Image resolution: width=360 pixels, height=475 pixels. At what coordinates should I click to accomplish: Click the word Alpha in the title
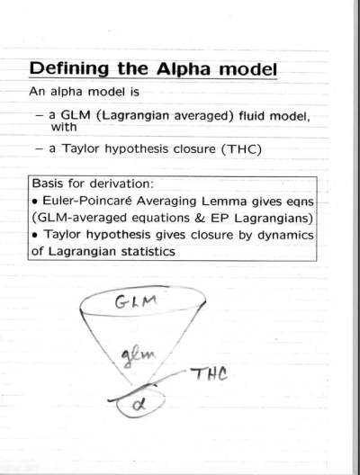[x=184, y=69]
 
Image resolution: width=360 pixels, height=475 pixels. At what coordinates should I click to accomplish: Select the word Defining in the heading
[x=68, y=69]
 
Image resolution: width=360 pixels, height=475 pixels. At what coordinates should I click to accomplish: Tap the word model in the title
[x=247, y=69]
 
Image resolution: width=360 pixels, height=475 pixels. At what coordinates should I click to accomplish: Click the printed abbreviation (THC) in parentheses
[x=241, y=149]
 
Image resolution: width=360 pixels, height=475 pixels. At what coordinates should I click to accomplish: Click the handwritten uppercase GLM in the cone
[x=136, y=301]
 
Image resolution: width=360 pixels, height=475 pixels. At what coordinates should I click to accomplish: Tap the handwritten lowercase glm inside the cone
[x=138, y=356]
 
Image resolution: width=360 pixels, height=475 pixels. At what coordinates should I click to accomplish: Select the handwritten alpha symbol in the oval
[x=139, y=405]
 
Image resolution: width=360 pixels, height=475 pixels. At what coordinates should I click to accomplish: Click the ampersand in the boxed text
[x=200, y=218]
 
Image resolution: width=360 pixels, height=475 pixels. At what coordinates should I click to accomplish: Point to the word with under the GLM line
[x=64, y=127]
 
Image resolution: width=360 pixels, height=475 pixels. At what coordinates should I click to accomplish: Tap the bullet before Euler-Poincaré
[x=36, y=202]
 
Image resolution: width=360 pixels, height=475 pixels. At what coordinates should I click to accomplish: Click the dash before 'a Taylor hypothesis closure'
[x=40, y=149]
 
